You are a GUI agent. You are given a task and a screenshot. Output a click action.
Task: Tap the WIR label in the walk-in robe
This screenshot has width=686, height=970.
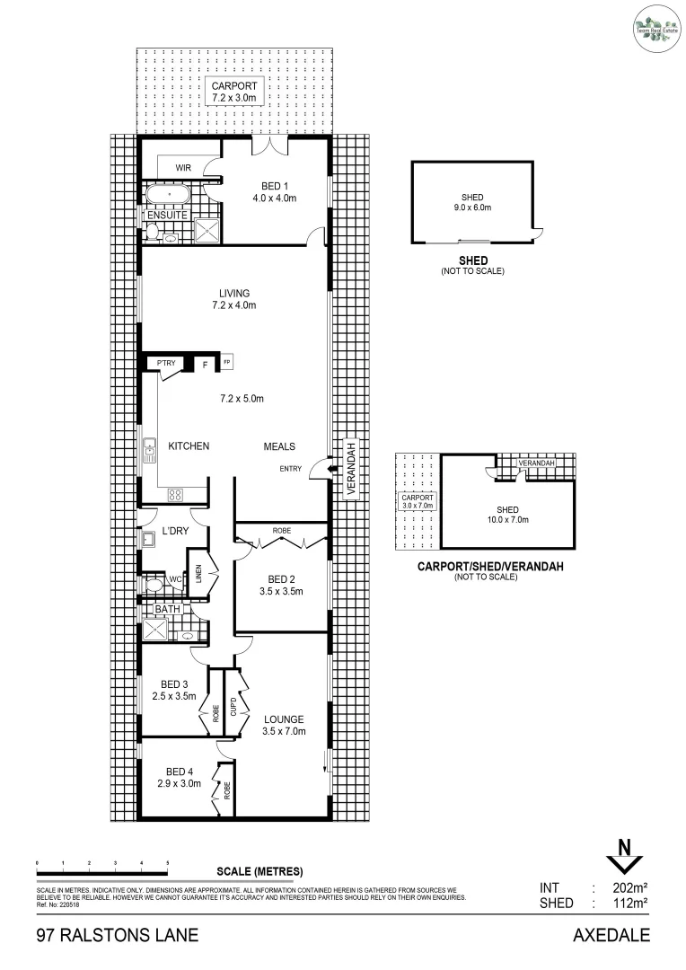click(x=183, y=168)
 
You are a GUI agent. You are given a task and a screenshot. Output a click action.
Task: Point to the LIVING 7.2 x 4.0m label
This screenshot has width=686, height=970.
click(x=233, y=299)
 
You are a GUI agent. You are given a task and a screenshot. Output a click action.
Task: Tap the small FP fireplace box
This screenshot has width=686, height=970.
click(x=227, y=363)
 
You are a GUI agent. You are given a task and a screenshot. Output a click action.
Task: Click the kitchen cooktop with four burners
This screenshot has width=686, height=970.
click(x=175, y=493)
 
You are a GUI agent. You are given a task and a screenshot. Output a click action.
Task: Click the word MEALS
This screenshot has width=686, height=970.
click(x=279, y=446)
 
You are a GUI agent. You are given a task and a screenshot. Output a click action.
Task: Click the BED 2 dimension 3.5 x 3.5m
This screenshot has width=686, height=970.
click(x=279, y=592)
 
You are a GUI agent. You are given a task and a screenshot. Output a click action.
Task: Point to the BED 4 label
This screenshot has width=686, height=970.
click(x=180, y=772)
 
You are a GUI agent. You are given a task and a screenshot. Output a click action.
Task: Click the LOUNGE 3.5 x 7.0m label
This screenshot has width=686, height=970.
click(x=284, y=725)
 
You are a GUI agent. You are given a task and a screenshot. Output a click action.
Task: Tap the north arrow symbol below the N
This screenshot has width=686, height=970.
click(x=620, y=864)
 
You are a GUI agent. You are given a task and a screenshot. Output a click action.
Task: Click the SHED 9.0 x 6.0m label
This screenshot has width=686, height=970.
click(x=472, y=202)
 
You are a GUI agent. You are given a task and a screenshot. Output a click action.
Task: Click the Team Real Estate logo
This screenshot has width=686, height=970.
click(x=653, y=24)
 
